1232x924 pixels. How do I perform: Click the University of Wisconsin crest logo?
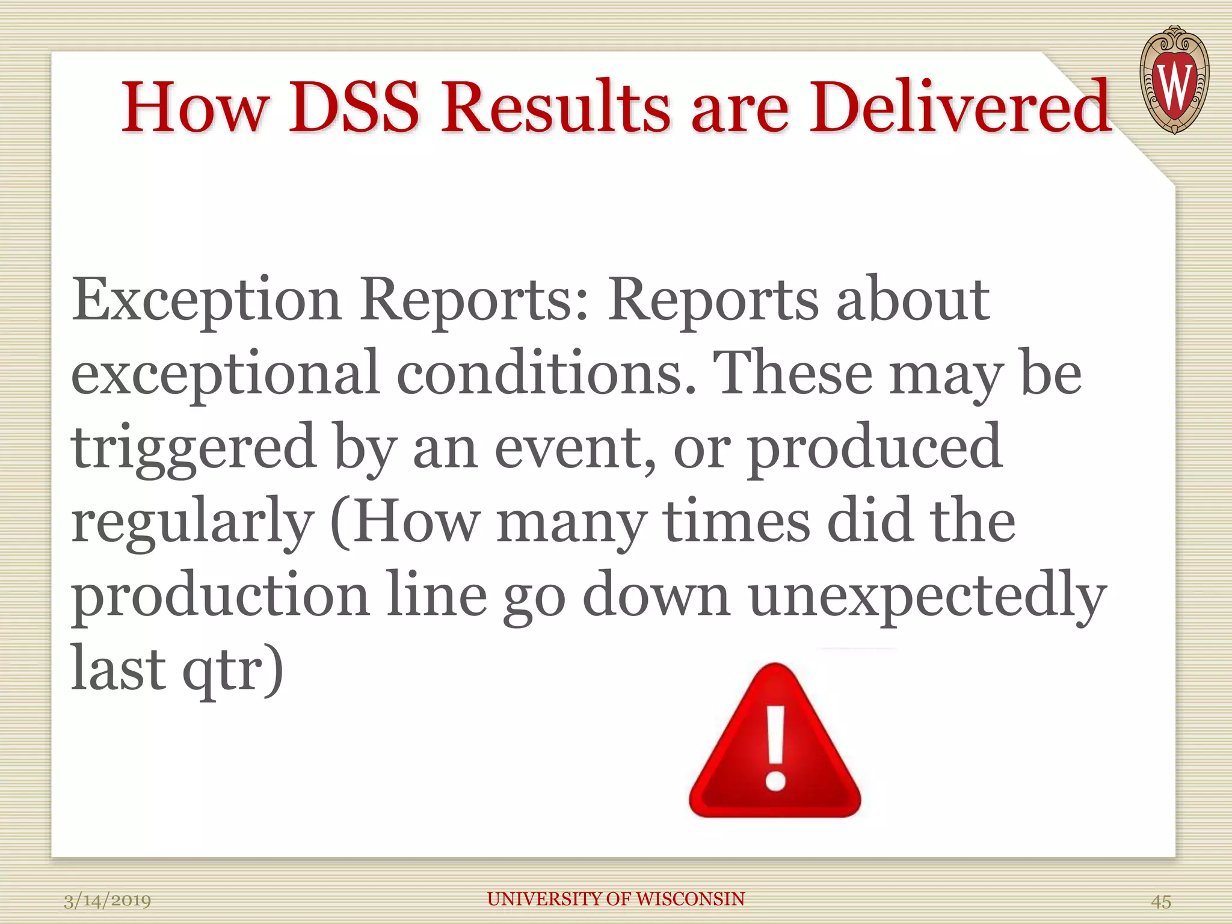point(1174,80)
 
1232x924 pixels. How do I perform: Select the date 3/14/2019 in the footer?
point(107,901)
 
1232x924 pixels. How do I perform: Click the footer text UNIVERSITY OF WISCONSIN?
point(616,899)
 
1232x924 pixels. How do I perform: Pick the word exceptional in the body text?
point(225,375)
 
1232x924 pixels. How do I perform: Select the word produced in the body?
point(875,449)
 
